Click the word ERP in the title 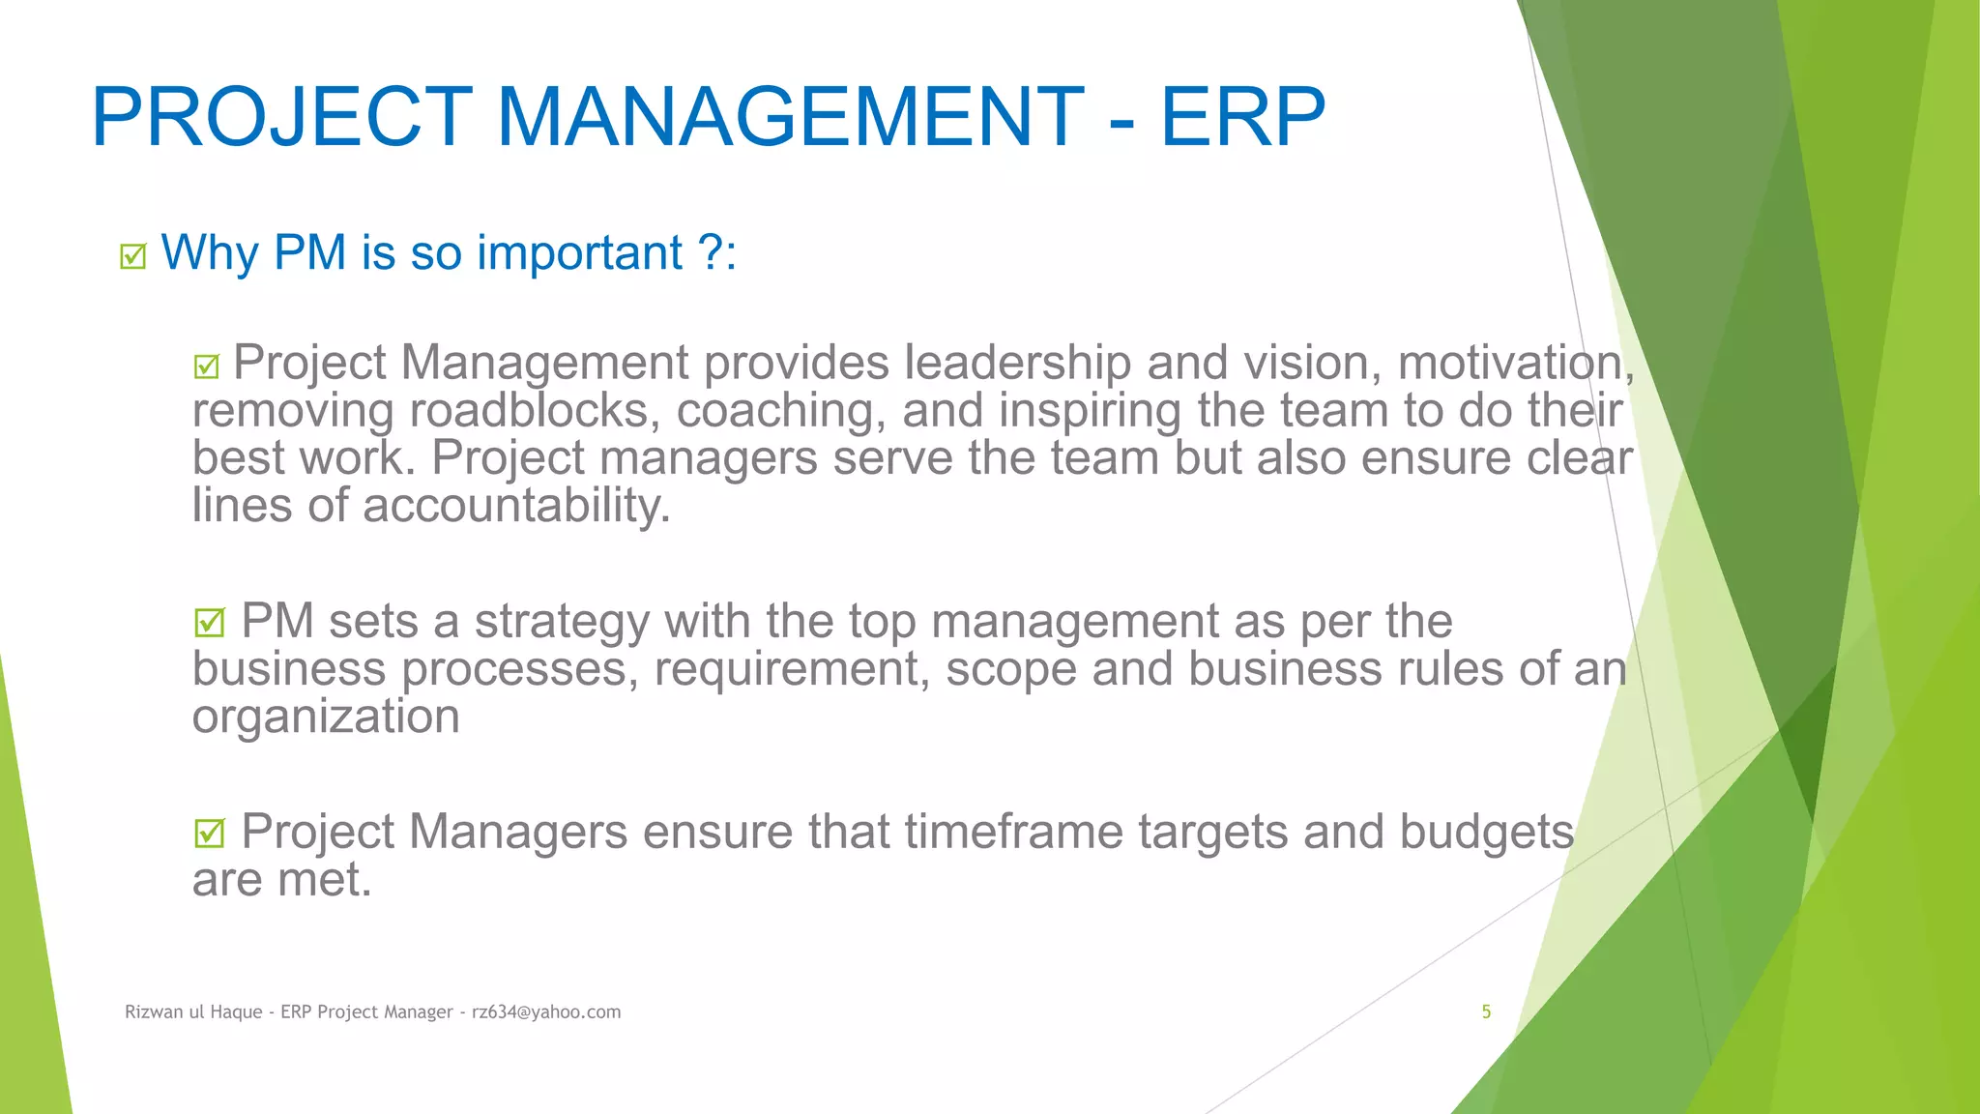pyautogui.click(x=1242, y=117)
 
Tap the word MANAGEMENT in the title pyautogui.click(x=790, y=117)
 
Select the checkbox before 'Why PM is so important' pyautogui.click(x=132, y=256)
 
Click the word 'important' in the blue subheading pyautogui.click(x=580, y=253)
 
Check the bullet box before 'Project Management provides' pyautogui.click(x=206, y=366)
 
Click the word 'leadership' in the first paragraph pyautogui.click(x=1017, y=364)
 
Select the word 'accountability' pyautogui.click(x=515, y=506)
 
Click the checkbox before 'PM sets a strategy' pyautogui.click(x=209, y=623)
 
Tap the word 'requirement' pyautogui.click(x=792, y=669)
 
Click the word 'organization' pyautogui.click(x=326, y=717)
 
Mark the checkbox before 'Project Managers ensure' pyautogui.click(x=209, y=834)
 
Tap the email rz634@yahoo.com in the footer pyautogui.click(x=546, y=1012)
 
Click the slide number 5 pyautogui.click(x=1486, y=1012)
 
